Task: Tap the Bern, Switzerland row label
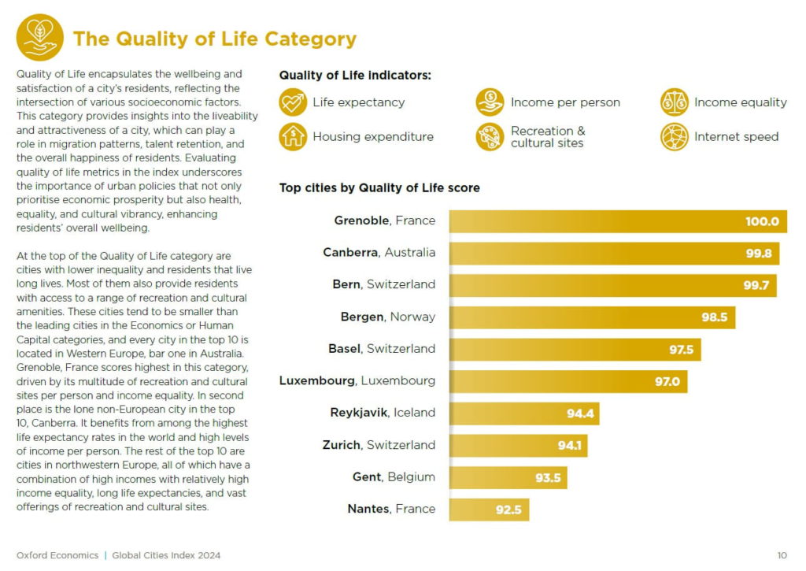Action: [383, 284]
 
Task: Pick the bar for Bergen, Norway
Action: [592, 317]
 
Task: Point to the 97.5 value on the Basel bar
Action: [681, 350]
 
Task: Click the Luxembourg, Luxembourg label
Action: [357, 381]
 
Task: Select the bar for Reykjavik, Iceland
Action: [524, 413]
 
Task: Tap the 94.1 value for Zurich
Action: [569, 446]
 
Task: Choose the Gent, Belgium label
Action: [394, 477]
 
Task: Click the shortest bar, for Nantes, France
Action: [489, 510]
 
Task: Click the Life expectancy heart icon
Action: [293, 102]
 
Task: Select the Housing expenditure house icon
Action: [293, 137]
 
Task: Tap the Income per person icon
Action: [490, 102]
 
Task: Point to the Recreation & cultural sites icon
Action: [490, 137]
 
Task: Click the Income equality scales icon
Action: [675, 102]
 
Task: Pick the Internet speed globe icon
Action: [675, 137]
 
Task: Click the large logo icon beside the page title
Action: [40, 37]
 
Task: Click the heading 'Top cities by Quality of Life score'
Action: [379, 188]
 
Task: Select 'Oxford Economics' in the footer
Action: [57, 555]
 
